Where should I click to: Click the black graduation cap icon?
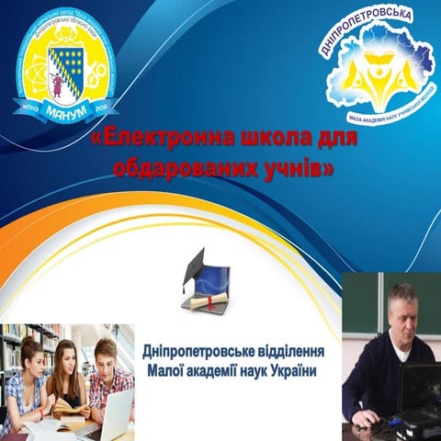[x=194, y=265]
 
